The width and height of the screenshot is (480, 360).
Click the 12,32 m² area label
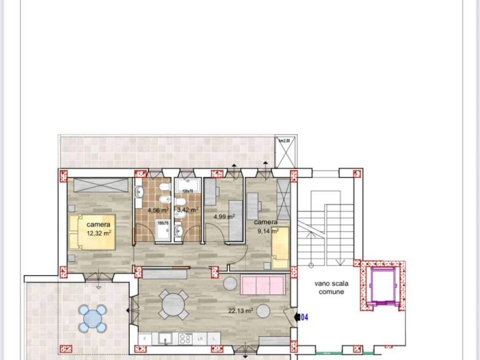point(98,232)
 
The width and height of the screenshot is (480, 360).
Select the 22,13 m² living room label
point(240,310)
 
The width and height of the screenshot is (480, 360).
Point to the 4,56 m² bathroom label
point(158,210)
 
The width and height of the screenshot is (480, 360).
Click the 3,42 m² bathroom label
point(187,210)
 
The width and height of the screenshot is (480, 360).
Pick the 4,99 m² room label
point(224,217)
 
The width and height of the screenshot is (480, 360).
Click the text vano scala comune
point(331,288)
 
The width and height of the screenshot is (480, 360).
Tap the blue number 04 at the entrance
point(304,318)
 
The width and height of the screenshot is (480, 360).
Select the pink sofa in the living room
point(262,285)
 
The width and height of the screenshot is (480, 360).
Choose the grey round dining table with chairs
point(173,305)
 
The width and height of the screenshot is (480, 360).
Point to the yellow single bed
point(280,247)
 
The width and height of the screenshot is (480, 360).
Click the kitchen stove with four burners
point(186,338)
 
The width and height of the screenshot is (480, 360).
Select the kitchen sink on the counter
point(165,338)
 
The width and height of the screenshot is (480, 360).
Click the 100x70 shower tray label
point(163,224)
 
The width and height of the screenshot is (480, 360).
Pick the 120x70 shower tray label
point(187,191)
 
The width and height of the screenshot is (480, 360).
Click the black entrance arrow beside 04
point(297,318)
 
